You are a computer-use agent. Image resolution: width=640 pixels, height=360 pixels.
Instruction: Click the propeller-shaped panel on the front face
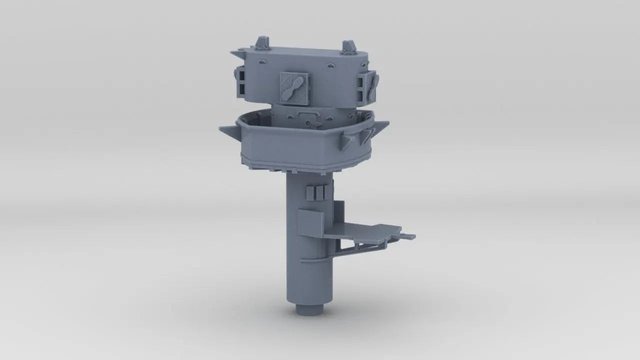pos(294,87)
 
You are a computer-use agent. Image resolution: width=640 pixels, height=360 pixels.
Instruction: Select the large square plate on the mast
pos(310,223)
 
